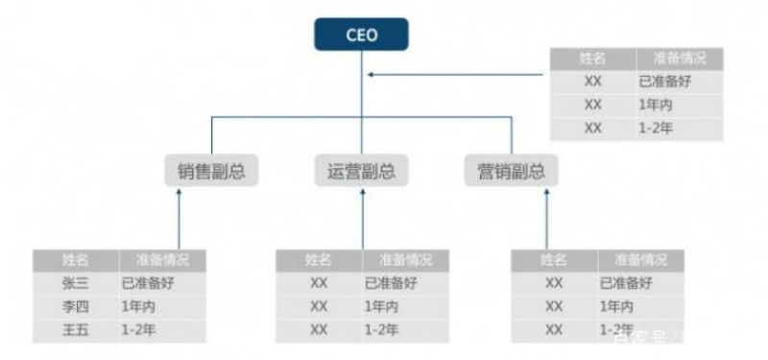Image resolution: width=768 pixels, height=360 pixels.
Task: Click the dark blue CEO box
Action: pos(362,36)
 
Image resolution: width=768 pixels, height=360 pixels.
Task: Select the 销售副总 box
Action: pos(211,172)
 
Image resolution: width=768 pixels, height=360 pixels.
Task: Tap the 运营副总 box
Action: pos(361,172)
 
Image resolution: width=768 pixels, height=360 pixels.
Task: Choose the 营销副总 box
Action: pos(511,172)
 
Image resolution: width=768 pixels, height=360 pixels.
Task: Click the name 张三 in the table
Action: pos(75,283)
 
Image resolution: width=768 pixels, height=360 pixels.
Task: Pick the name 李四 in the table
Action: pos(75,306)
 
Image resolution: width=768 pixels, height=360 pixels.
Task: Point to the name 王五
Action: pos(75,330)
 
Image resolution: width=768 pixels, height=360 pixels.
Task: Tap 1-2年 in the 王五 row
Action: pos(139,330)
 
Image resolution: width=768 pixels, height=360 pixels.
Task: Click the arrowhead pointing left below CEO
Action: pos(372,74)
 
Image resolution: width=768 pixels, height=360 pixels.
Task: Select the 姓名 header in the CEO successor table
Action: pos(591,58)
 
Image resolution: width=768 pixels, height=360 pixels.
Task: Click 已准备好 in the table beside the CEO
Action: pos(664,82)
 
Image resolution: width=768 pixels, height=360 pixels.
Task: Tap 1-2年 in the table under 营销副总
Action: pos(619,330)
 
